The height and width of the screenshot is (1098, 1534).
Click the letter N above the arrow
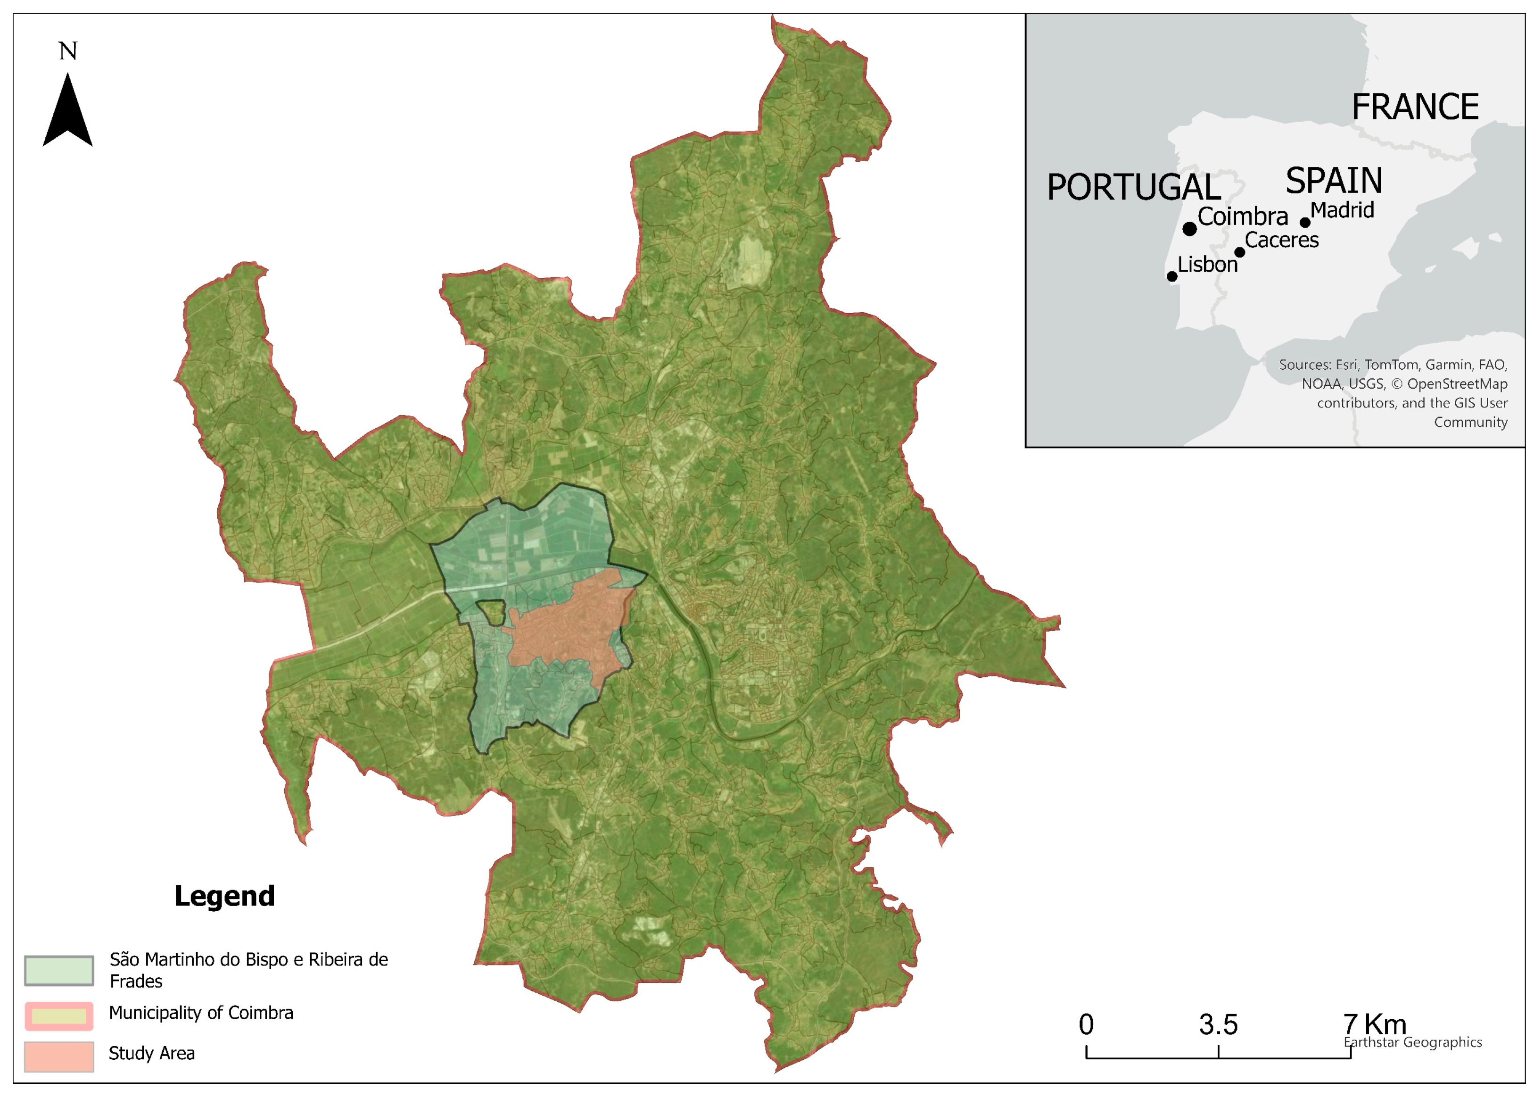pyautogui.click(x=67, y=51)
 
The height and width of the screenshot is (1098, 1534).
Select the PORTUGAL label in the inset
pyautogui.click(x=1133, y=187)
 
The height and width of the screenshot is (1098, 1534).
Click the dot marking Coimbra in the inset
pyautogui.click(x=1189, y=229)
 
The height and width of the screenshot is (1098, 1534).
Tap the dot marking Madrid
pyautogui.click(x=1305, y=223)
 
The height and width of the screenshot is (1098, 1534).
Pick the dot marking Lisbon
pyautogui.click(x=1172, y=276)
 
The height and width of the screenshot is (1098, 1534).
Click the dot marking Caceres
pyautogui.click(x=1239, y=252)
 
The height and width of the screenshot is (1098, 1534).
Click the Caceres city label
pyautogui.click(x=1281, y=240)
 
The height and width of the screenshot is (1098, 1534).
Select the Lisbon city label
pyautogui.click(x=1208, y=264)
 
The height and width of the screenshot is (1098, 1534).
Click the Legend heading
pyautogui.click(x=224, y=896)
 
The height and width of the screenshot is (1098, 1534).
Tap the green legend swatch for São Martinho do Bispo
pyautogui.click(x=59, y=970)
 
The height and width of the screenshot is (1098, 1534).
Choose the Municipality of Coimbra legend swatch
pyautogui.click(x=59, y=1015)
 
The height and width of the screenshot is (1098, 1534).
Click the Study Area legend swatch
pyautogui.click(x=59, y=1056)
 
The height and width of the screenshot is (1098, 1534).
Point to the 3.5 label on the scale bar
pyautogui.click(x=1219, y=1025)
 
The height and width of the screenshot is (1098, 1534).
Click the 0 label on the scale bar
pyautogui.click(x=1086, y=1025)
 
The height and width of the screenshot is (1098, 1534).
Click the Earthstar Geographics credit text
pyautogui.click(x=1412, y=1042)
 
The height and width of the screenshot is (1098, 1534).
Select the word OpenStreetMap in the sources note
pyautogui.click(x=1457, y=384)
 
